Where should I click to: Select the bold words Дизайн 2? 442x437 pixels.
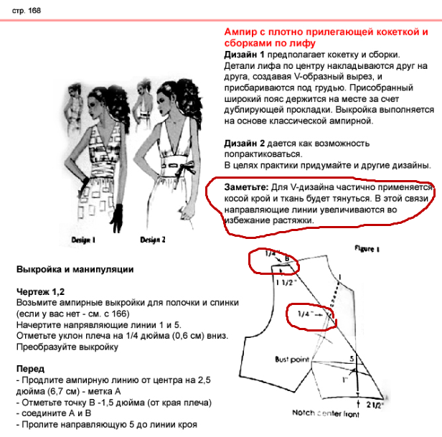tap(245, 143)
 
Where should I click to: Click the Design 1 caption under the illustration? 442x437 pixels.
tap(84, 240)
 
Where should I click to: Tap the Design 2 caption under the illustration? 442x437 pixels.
tap(153, 240)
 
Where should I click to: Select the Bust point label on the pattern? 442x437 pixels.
tap(295, 358)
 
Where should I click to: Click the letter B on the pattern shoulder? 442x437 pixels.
tap(287, 258)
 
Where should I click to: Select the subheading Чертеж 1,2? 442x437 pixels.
tap(41, 293)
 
